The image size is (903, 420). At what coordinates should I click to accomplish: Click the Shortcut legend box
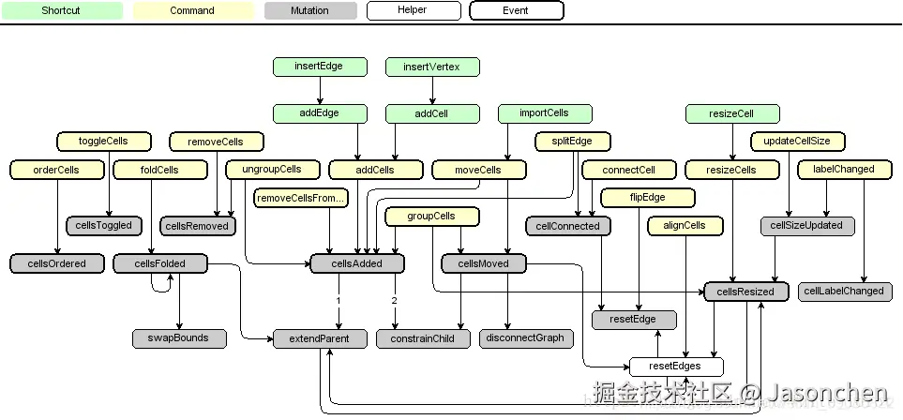click(x=61, y=11)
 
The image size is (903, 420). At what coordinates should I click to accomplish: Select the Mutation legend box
click(x=310, y=11)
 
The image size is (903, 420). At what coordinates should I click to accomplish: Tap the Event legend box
click(x=516, y=11)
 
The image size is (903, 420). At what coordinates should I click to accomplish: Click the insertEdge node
click(x=320, y=67)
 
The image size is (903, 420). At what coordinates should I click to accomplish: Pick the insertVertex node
click(x=432, y=67)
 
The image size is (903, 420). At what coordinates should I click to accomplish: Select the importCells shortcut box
click(x=545, y=113)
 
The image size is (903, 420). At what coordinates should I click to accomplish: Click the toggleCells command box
click(x=104, y=142)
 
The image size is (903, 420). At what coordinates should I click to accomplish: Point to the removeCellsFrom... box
click(x=301, y=198)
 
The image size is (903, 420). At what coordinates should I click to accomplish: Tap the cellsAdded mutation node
click(x=357, y=263)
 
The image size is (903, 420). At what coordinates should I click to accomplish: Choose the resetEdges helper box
click(x=676, y=367)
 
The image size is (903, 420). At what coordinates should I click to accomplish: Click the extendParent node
click(x=320, y=338)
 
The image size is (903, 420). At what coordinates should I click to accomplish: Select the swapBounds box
click(x=179, y=337)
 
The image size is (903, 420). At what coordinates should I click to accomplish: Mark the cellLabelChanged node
click(x=844, y=291)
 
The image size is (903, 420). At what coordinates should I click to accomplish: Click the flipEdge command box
click(x=648, y=198)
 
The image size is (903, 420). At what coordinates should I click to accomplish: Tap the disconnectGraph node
click(x=526, y=337)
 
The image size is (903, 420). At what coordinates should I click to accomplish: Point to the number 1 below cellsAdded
click(x=338, y=301)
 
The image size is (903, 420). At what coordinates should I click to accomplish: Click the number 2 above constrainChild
click(x=394, y=301)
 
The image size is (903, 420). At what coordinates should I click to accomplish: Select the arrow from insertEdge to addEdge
click(x=320, y=90)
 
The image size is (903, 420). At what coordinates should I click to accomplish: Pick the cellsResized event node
click(x=746, y=292)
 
